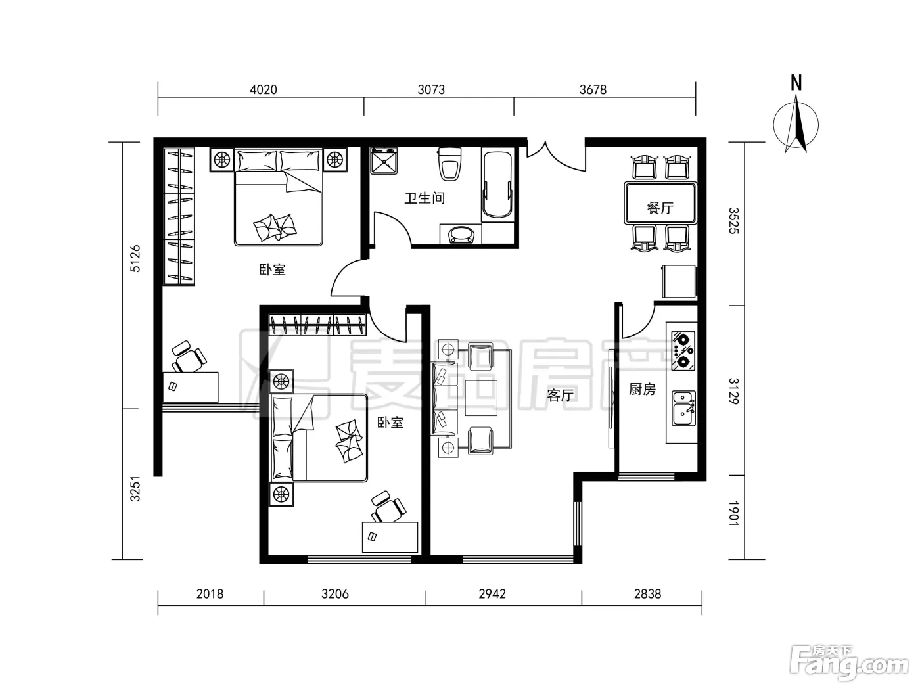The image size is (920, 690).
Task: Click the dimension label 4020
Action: pos(264,89)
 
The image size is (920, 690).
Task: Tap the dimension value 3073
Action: pos(431,89)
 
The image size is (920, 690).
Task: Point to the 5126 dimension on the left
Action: pos(135,259)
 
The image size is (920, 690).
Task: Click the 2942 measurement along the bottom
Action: pos(492,594)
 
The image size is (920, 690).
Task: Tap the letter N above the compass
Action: pos(796,83)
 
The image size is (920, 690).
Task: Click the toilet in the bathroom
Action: pos(449,164)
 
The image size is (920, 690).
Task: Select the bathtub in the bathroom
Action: pos(497,185)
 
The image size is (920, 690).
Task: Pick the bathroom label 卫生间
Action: pos(424,198)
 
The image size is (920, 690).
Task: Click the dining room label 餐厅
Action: pos(660,208)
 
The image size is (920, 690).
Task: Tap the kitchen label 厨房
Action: pos(642,389)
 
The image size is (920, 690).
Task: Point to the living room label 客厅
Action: pos(561,395)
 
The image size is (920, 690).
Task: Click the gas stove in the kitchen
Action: pos(683,351)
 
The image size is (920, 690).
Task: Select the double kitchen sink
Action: pos(683,409)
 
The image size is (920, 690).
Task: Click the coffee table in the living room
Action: pos(481,398)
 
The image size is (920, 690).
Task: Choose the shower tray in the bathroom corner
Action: pos(384,160)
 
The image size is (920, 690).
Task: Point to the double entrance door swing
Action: pos(556,157)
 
